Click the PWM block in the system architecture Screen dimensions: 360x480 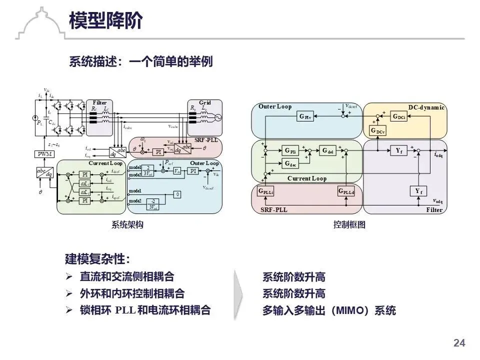coord(45,154)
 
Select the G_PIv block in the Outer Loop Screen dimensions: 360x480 coord(304,117)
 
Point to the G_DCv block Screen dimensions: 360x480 coord(378,130)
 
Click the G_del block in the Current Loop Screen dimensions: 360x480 coord(328,150)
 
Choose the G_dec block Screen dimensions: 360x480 coord(290,163)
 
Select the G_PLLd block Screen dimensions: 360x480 coord(346,191)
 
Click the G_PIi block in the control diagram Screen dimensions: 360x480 coord(290,150)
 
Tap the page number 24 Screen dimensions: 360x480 coord(459,343)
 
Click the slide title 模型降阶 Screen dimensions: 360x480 coord(105,21)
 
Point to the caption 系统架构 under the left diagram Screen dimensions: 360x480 coord(127,225)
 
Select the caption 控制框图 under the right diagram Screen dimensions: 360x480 coord(349,225)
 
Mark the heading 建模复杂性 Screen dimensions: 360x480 coord(97,259)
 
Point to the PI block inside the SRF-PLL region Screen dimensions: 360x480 coord(158,151)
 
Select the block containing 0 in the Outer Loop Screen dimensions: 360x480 coord(177,194)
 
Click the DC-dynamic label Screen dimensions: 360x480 coord(426,107)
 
